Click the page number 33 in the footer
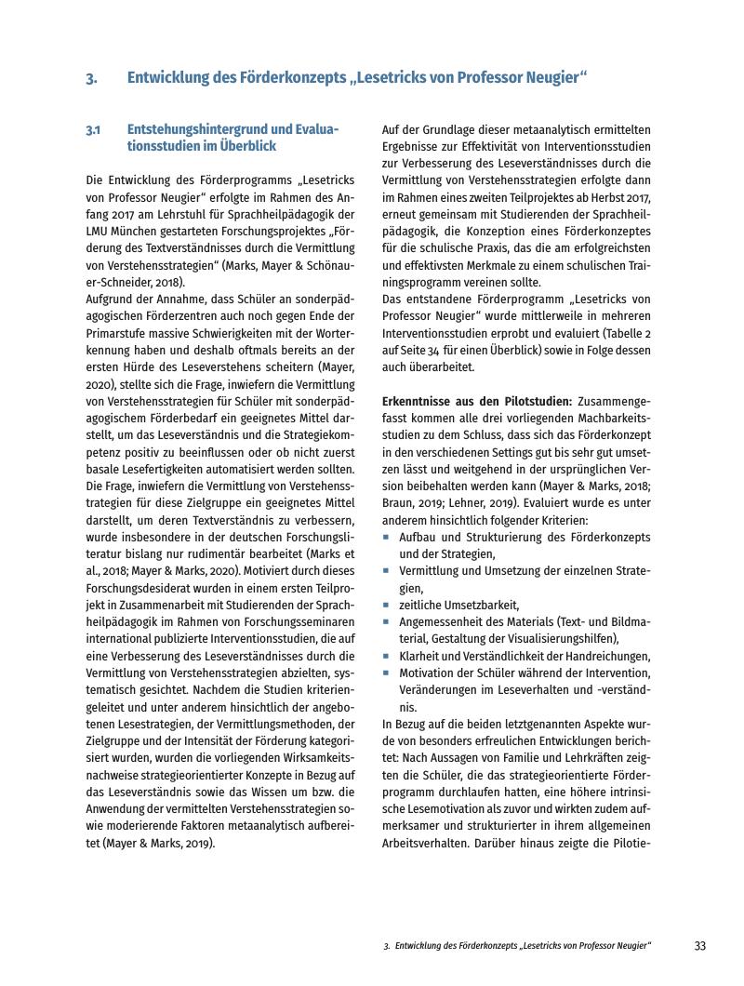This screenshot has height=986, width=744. (700, 946)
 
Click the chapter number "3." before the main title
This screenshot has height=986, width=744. (91, 79)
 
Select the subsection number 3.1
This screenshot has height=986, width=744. (93, 130)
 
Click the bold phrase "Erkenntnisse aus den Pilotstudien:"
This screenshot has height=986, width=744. (477, 401)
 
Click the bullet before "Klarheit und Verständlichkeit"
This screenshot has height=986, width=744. (386, 656)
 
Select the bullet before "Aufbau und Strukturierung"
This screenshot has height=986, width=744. (386, 538)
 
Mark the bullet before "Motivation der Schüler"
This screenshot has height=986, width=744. (386, 673)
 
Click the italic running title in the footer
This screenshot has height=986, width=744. (516, 946)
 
